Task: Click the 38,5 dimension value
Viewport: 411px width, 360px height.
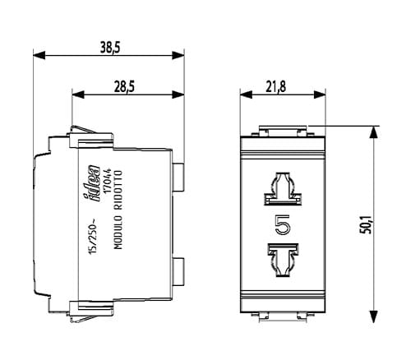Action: coord(109,47)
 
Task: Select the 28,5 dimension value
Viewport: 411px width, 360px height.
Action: coord(124,87)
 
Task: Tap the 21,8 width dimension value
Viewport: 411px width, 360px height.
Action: coord(275,87)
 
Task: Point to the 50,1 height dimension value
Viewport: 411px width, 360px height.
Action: coord(367,224)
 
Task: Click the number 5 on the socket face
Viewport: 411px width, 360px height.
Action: coord(283,224)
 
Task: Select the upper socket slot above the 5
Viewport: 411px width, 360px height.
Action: coord(283,189)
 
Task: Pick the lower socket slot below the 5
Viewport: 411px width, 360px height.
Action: coord(283,260)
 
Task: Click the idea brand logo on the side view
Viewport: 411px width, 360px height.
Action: coord(92,183)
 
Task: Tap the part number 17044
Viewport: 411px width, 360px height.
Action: coord(108,181)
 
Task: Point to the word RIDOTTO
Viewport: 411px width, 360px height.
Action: coord(118,190)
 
